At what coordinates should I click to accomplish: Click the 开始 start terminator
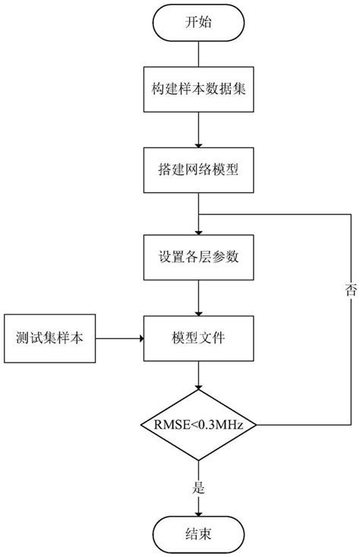(198, 24)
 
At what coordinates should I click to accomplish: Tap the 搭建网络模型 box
(198, 171)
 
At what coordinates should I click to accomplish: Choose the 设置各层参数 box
(198, 256)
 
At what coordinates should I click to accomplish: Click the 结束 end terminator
(198, 535)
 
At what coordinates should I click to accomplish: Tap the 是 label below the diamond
(200, 489)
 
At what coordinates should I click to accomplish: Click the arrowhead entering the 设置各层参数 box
(198, 232)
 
